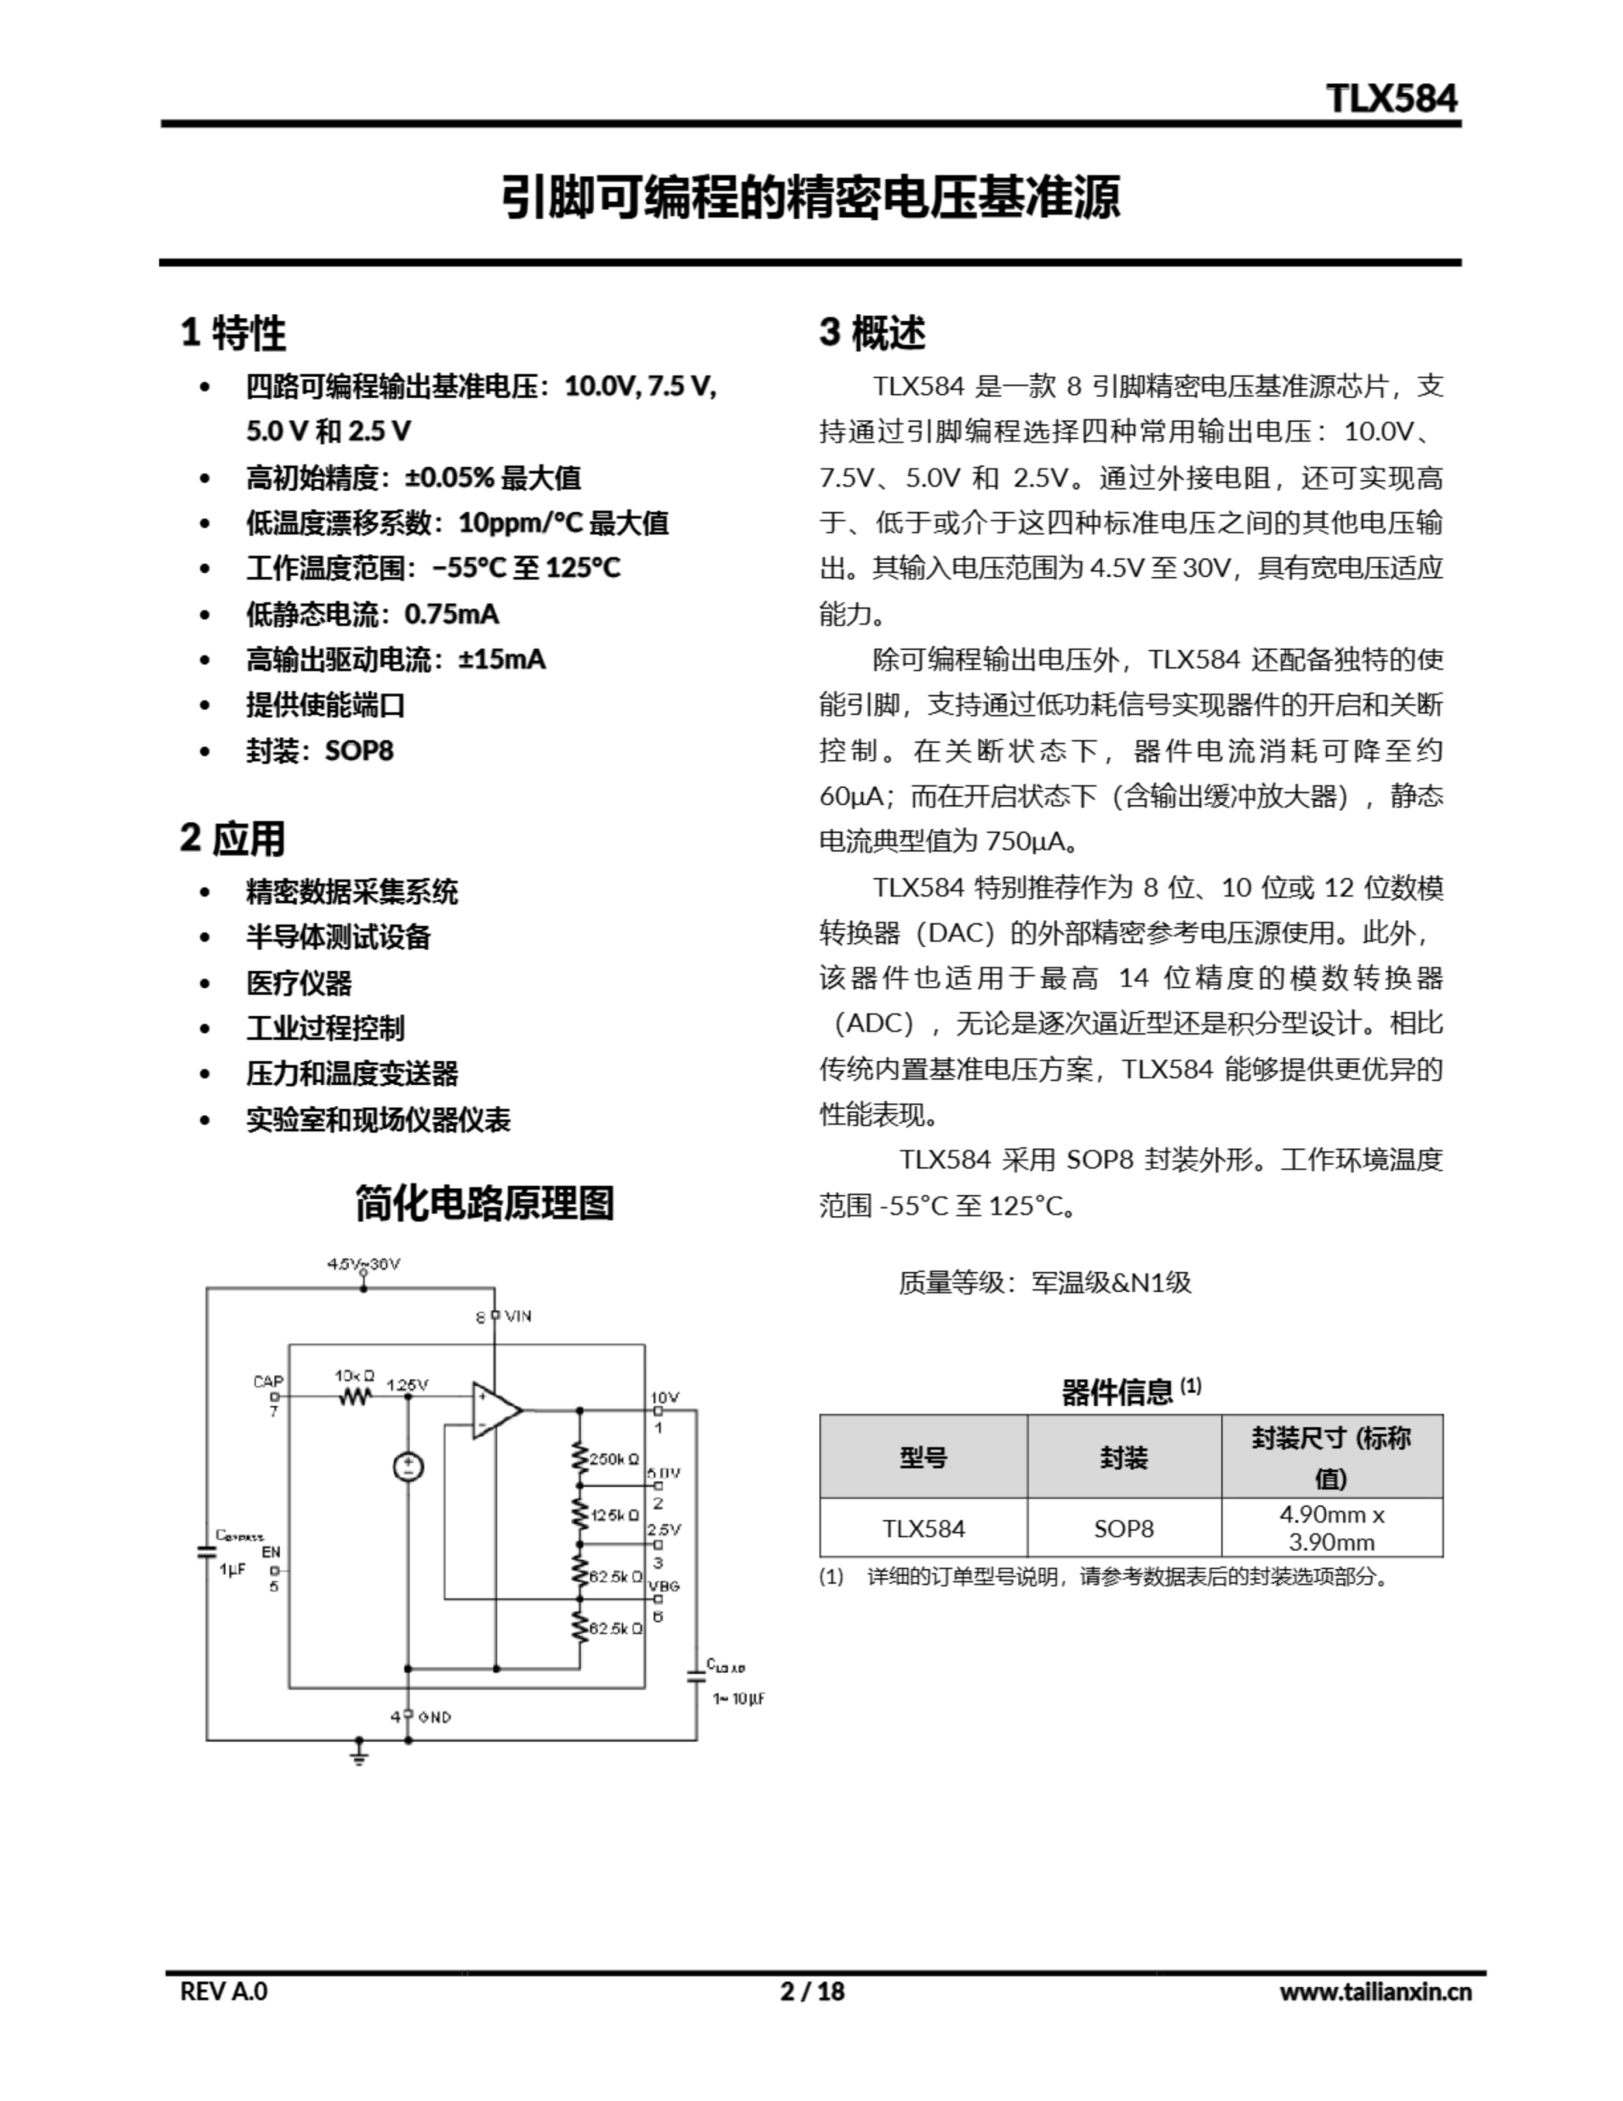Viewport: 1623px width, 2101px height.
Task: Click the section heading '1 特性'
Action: click(x=233, y=333)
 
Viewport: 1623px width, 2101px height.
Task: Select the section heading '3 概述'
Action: click(x=871, y=333)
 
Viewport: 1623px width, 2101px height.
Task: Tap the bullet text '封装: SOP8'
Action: click(x=319, y=750)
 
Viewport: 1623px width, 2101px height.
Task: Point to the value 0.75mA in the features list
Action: click(x=451, y=614)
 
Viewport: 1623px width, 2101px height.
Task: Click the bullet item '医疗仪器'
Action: click(x=299, y=982)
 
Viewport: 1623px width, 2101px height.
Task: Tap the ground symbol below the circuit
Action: click(x=359, y=1754)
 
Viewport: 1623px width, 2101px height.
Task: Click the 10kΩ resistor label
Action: click(x=354, y=1375)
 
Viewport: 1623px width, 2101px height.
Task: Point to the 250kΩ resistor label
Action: click(x=614, y=1459)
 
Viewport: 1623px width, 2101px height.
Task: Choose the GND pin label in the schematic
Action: click(x=435, y=1716)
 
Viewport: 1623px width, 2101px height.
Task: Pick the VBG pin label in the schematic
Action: click(x=664, y=1586)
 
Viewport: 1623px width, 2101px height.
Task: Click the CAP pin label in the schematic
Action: click(x=267, y=1381)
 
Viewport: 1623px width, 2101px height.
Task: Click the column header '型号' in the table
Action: click(x=922, y=1458)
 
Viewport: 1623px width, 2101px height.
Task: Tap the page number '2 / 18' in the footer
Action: click(x=812, y=1990)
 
